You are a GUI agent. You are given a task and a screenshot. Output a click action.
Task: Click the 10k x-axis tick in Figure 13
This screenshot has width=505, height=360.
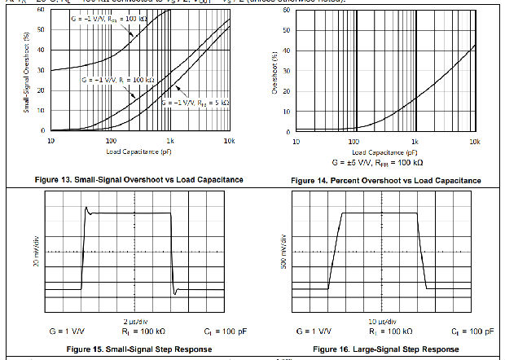click(x=231, y=139)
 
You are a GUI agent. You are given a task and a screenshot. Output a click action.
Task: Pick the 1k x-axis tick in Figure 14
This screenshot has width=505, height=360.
click(x=415, y=139)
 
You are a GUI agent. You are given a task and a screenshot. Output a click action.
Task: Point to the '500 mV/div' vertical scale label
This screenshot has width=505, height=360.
click(x=283, y=252)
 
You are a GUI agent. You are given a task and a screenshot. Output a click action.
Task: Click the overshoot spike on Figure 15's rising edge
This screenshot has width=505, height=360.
click(x=87, y=209)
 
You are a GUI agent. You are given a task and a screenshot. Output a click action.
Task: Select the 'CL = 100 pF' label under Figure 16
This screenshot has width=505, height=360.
click(x=475, y=332)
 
